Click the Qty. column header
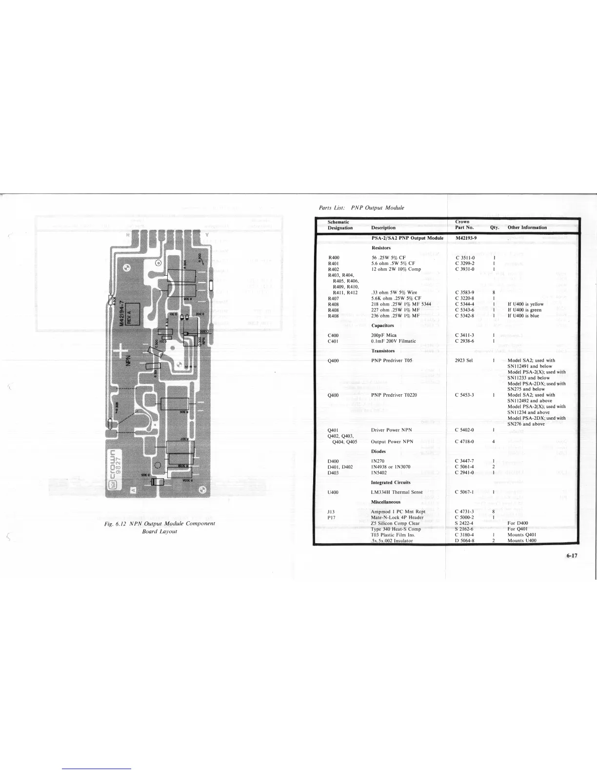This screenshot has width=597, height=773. click(x=494, y=227)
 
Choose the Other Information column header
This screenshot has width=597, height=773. click(x=527, y=227)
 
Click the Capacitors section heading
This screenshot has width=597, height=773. click(x=382, y=325)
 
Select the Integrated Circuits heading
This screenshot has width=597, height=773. click(x=391, y=483)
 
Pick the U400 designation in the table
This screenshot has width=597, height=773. click(x=334, y=492)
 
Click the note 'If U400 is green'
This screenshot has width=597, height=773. click(x=525, y=310)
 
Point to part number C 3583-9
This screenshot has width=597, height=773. click(x=464, y=292)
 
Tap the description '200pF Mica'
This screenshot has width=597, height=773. click(x=384, y=335)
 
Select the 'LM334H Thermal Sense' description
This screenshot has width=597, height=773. click(x=397, y=492)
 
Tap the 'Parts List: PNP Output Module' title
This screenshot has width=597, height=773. click(x=361, y=208)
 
